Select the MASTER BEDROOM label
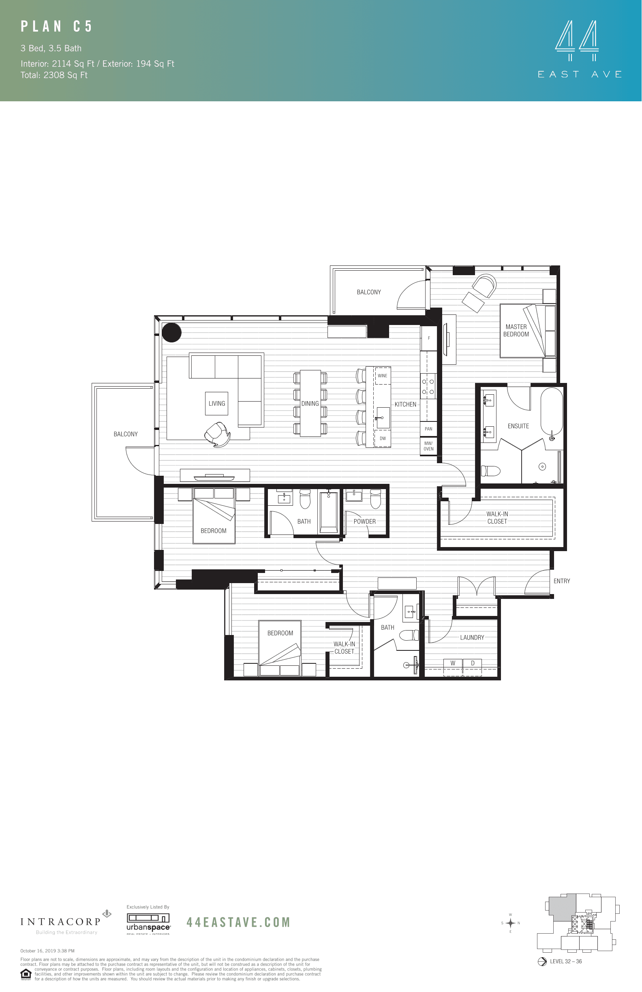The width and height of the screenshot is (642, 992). [516, 331]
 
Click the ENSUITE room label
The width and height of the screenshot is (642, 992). [518, 426]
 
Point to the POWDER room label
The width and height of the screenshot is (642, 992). [364, 522]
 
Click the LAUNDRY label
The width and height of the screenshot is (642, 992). [472, 637]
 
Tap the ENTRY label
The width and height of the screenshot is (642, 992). [561, 581]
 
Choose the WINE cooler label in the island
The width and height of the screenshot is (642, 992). [382, 376]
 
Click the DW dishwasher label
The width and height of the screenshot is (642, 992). [383, 438]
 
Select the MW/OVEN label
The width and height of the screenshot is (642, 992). [428, 446]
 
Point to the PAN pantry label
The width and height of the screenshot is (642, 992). [428, 429]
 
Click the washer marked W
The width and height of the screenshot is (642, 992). [453, 663]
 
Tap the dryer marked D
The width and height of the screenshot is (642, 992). [473, 663]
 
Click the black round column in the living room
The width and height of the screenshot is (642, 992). [171, 333]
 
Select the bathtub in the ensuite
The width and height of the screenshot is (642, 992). [552, 412]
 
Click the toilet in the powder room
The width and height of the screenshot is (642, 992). [376, 499]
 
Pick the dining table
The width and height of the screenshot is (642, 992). [310, 403]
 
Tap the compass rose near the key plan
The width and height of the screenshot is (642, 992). [510, 923]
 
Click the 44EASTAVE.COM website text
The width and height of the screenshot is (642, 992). [238, 922]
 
